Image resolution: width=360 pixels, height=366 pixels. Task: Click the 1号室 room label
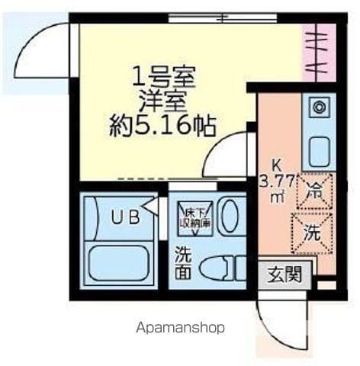pyautogui.click(x=164, y=76)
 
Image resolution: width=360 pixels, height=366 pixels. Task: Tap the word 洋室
pyautogui.click(x=164, y=99)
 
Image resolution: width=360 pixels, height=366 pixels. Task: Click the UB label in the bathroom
pyautogui.click(x=125, y=217)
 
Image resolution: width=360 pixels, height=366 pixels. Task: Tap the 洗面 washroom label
pyautogui.click(x=184, y=262)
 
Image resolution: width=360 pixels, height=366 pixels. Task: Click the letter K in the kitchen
pyautogui.click(x=278, y=162)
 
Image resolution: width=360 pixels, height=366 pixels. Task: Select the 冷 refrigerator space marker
pyautogui.click(x=313, y=190)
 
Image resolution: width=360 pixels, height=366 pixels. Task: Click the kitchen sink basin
pyautogui.click(x=318, y=149)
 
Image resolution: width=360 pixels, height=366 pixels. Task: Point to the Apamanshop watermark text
pyautogui.click(x=181, y=328)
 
